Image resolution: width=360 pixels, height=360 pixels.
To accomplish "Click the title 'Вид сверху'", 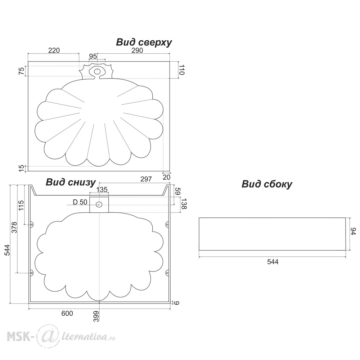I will (144, 42).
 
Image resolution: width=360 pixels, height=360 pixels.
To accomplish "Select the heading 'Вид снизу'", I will (71, 182).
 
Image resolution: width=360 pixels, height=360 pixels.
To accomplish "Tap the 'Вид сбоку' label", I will (267, 184).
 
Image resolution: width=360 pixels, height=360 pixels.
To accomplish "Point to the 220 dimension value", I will (53, 50).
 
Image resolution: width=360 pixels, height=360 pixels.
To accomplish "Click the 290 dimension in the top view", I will (137, 50).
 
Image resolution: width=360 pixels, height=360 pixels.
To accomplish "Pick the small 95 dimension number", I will (93, 56).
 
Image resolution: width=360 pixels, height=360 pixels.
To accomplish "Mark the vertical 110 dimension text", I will (181, 70).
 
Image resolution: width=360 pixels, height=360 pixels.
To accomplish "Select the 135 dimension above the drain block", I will (102, 190).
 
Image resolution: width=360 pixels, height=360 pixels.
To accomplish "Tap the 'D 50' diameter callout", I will (80, 202).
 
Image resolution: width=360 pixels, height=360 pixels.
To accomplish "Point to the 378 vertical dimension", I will (14, 227).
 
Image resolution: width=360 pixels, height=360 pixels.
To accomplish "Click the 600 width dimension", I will (67, 314).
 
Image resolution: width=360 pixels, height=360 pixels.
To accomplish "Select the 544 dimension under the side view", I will (273, 262).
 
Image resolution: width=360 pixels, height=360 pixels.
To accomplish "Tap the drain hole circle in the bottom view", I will (99, 204).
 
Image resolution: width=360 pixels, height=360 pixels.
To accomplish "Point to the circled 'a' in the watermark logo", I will (46, 336).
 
